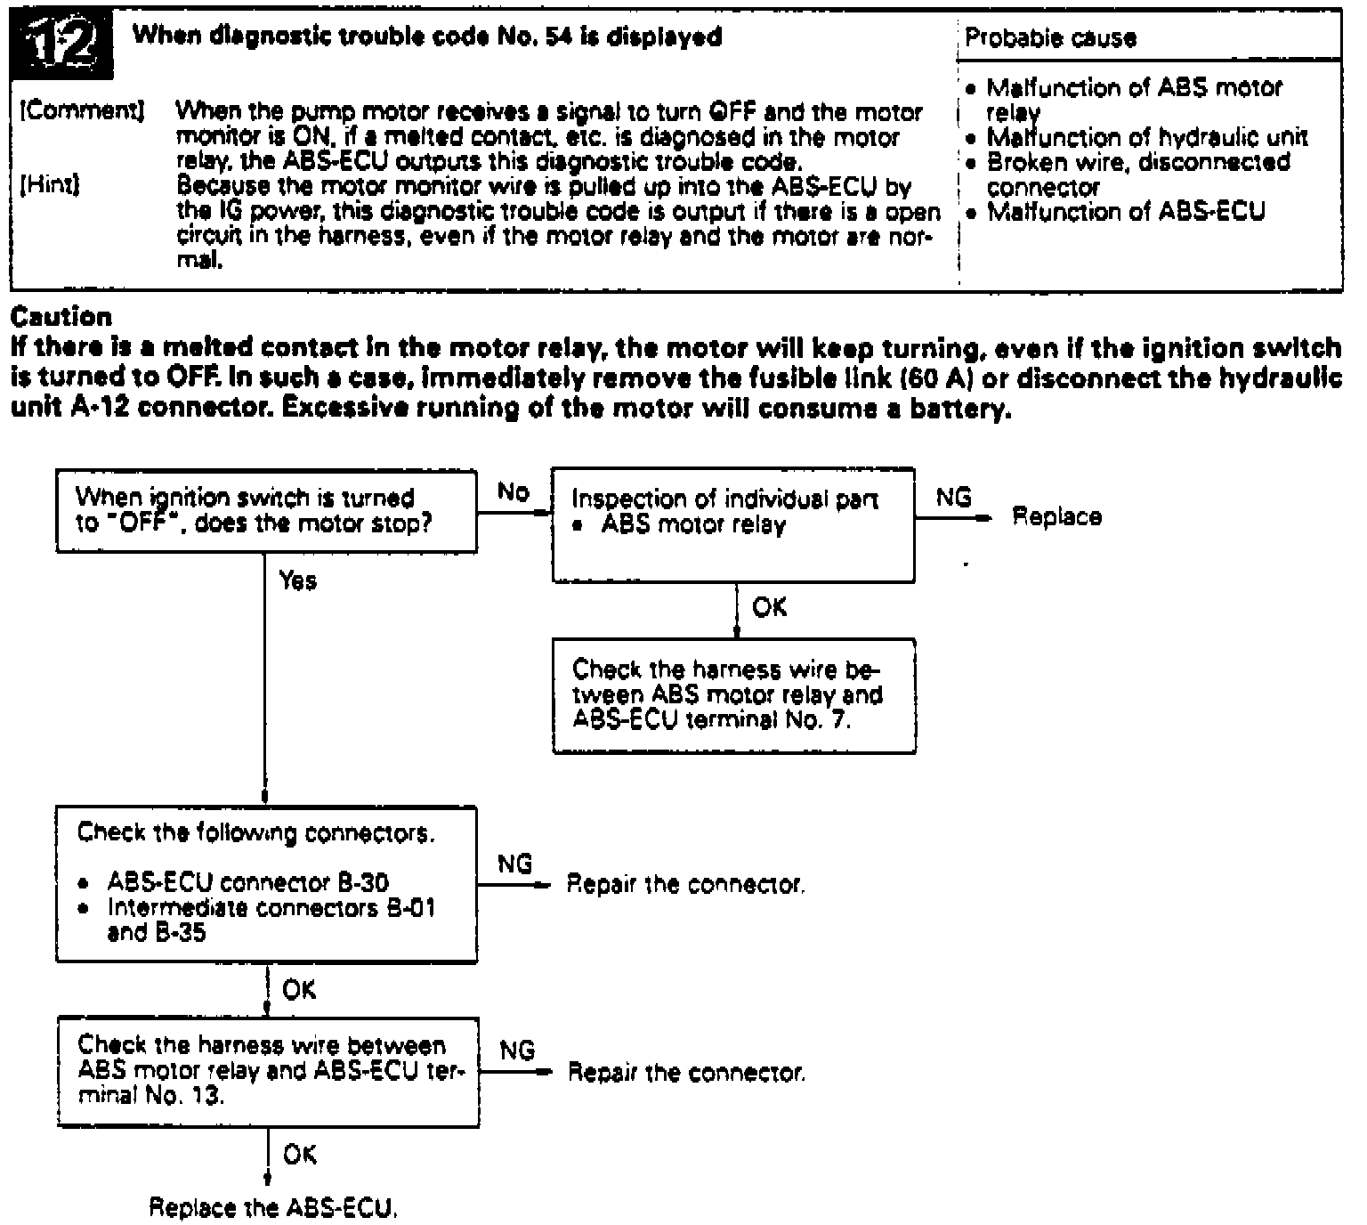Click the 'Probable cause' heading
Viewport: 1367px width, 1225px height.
click(1050, 38)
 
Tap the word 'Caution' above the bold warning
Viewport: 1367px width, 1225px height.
click(61, 317)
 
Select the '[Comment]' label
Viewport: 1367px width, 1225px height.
click(82, 111)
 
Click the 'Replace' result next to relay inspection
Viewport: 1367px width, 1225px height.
click(1056, 517)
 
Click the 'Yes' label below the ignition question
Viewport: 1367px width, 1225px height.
click(297, 581)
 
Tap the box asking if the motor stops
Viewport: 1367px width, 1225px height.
click(265, 512)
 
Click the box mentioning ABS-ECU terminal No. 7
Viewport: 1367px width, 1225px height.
click(733, 695)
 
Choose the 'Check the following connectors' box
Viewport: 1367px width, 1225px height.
click(265, 884)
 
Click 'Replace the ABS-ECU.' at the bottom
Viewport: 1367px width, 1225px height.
click(272, 1208)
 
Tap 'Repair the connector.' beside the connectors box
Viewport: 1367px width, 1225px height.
click(685, 885)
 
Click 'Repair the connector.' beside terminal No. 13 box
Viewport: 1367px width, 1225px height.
click(686, 1073)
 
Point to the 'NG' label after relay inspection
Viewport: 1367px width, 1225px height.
click(954, 498)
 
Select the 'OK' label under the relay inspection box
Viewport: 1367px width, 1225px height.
click(769, 608)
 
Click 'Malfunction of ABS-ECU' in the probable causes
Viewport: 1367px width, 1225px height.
click(1126, 212)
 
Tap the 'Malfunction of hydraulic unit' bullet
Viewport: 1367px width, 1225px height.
click(1146, 137)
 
